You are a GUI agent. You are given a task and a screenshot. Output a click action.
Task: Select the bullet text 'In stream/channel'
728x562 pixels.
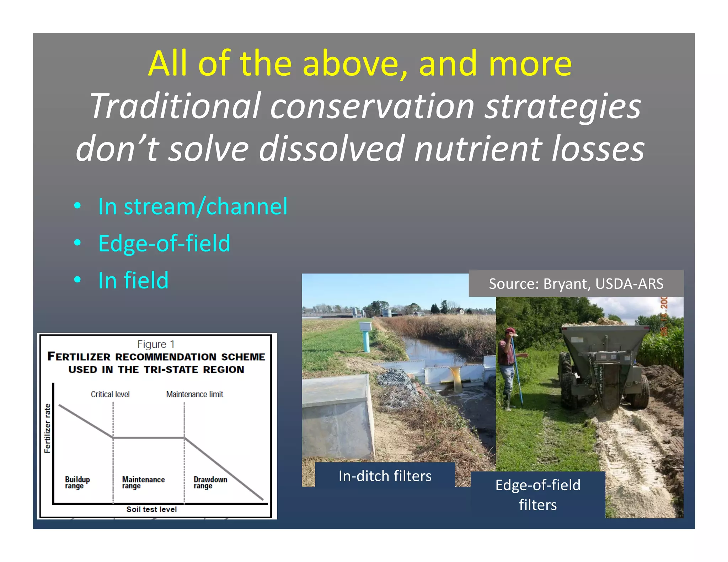tap(193, 206)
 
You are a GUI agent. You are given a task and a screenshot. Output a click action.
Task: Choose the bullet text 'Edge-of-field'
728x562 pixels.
tap(164, 243)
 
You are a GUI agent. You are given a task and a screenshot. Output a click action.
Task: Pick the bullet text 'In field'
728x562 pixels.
tap(133, 280)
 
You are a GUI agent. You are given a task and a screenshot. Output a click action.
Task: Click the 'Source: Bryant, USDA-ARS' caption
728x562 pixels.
tap(576, 283)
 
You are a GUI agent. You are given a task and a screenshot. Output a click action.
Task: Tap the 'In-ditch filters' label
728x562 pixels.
tap(385, 476)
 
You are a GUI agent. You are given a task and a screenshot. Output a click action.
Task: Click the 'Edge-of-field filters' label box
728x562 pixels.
tap(537, 495)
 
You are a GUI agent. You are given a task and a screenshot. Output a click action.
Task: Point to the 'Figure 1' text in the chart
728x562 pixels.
tap(156, 344)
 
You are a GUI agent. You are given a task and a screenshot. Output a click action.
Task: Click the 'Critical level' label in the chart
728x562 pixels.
tap(110, 394)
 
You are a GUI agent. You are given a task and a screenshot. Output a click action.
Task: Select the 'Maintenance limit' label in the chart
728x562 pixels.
tap(194, 394)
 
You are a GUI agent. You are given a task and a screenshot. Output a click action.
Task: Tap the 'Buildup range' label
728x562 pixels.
tap(77, 482)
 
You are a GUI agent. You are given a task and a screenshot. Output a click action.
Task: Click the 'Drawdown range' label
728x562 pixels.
tap(210, 482)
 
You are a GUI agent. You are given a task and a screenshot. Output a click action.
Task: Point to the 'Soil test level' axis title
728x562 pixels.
tap(151, 509)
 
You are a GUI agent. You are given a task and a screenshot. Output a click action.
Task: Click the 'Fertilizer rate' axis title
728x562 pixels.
tap(47, 428)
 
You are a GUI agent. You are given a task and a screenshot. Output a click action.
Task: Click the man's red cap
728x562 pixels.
tap(511, 331)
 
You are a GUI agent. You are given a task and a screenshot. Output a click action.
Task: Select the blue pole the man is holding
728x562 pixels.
tap(517, 373)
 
